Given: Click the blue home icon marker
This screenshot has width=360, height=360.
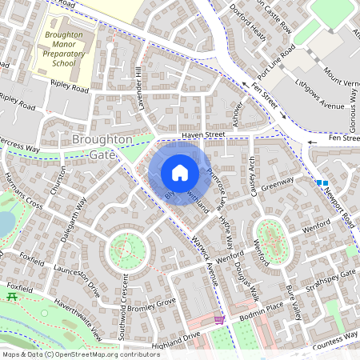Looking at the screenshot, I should pos(180,172).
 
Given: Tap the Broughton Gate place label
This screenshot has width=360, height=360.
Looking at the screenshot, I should pos(102,146).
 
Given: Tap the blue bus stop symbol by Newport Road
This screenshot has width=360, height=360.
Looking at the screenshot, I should pos(322,183).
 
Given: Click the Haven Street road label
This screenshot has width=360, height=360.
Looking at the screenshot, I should pos(203,136).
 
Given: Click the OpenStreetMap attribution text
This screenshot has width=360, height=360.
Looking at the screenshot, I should pos(81,354).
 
